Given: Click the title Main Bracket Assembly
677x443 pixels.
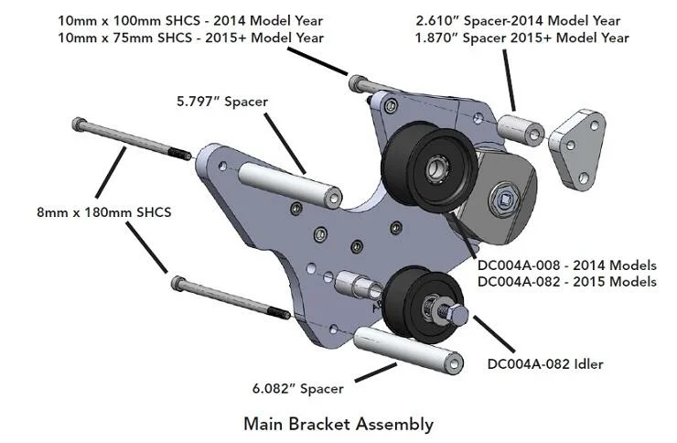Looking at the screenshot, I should [x=338, y=424].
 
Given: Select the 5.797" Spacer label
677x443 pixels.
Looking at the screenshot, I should [x=221, y=102].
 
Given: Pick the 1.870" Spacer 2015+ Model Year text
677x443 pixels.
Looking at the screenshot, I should [x=522, y=38].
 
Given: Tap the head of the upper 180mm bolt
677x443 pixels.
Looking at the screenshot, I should [x=81, y=123].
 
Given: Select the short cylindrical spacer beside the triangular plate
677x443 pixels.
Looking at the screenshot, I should [x=519, y=128].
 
